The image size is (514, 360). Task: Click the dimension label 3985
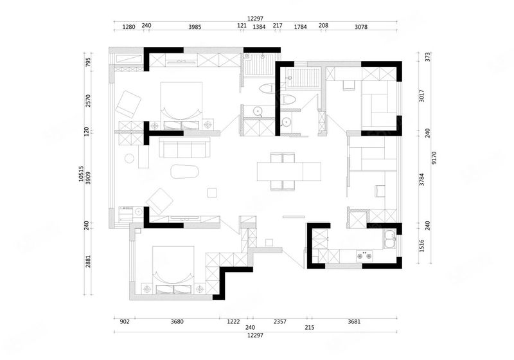pos(195,27)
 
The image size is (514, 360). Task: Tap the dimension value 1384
pos(259,27)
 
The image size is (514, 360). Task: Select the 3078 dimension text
pos(361,27)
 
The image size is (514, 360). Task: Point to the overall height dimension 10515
pos(81,174)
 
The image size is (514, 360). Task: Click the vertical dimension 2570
pos(87,101)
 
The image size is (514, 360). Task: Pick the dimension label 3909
pos(87,177)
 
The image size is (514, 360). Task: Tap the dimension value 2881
pos(87,261)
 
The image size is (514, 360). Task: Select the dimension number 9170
pos(434,157)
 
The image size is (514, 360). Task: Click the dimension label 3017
pos(422,96)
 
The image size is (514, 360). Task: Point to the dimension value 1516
pos(422,246)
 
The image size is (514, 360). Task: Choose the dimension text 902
pos(125,321)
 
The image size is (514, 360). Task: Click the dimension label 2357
pos(280,321)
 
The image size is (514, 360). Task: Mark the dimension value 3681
pos(354,321)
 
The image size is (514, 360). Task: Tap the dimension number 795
pos(87,62)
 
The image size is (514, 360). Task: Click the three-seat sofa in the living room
pos(184,147)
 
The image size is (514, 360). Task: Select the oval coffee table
pos(185,171)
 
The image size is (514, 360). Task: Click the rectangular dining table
pos(288,171)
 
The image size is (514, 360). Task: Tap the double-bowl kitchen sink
pos(390,240)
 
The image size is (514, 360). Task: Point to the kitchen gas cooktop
pos(364,256)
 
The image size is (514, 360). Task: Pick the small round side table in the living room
pos(130,159)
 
